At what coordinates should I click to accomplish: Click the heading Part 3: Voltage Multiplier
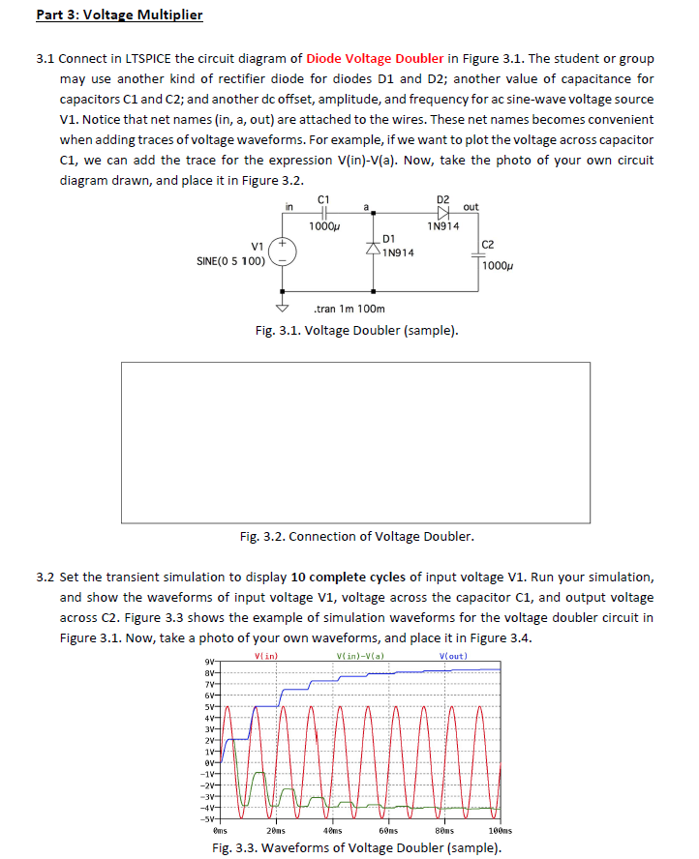point(119,15)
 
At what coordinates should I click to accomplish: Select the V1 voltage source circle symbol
point(283,252)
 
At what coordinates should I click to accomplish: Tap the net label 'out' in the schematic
point(471,206)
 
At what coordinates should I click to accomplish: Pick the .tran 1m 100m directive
point(349,310)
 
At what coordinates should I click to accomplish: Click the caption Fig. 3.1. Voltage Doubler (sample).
point(356,331)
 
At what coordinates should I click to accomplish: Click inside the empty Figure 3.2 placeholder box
point(355,441)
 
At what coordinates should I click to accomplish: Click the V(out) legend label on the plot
point(454,657)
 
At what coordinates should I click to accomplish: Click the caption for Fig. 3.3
point(356,848)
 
